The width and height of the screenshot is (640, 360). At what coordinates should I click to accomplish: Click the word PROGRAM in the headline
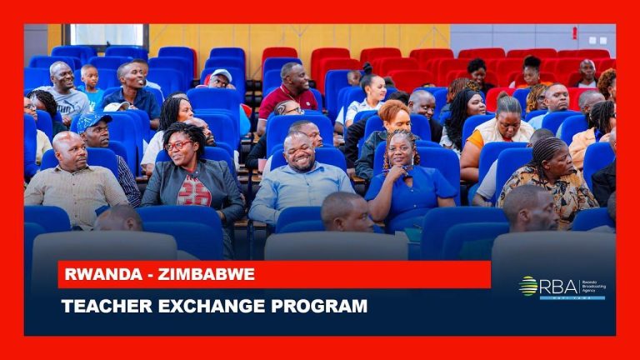[320, 306]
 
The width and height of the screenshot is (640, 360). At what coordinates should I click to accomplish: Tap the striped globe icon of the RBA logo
[527, 286]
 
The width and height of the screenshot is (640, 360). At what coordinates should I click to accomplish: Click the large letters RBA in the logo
[557, 286]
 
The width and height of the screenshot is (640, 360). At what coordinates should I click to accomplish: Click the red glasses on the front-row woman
[178, 145]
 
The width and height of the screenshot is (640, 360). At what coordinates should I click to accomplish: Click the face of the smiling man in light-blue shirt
[299, 151]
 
